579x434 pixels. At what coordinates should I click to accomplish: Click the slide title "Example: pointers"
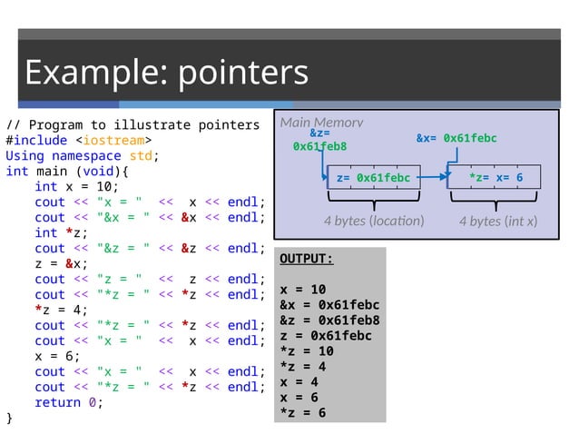point(166,73)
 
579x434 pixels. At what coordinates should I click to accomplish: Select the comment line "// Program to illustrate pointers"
point(132,125)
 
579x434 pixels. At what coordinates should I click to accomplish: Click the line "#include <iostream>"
point(78,141)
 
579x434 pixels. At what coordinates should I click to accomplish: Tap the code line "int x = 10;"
point(76,186)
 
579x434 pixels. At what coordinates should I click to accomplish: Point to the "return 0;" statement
point(69,402)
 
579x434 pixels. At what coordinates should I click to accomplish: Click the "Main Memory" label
point(321,123)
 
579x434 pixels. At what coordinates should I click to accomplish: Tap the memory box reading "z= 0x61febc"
point(373,178)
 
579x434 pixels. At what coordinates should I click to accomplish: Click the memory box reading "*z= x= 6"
point(496,178)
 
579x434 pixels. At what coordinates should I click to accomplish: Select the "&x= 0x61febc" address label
point(456,138)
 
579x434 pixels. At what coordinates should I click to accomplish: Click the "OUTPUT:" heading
point(306,259)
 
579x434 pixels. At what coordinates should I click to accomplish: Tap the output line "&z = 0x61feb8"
point(329,321)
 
